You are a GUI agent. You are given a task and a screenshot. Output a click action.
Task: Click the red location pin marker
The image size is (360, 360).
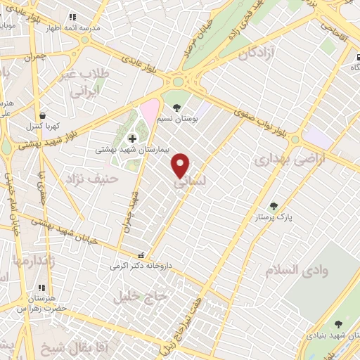(181, 165)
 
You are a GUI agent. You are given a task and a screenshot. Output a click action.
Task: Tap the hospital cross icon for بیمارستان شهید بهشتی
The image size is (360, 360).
(132, 138)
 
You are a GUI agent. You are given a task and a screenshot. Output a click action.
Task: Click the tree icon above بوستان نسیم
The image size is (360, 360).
(176, 108)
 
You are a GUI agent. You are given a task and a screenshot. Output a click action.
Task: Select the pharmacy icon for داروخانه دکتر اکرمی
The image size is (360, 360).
(143, 255)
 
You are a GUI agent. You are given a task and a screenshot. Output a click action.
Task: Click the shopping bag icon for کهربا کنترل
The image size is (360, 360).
(43, 116)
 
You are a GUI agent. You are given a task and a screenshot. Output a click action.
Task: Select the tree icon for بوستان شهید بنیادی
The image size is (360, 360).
(338, 324)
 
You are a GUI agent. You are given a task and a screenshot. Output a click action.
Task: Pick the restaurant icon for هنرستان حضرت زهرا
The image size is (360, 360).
(43, 288)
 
